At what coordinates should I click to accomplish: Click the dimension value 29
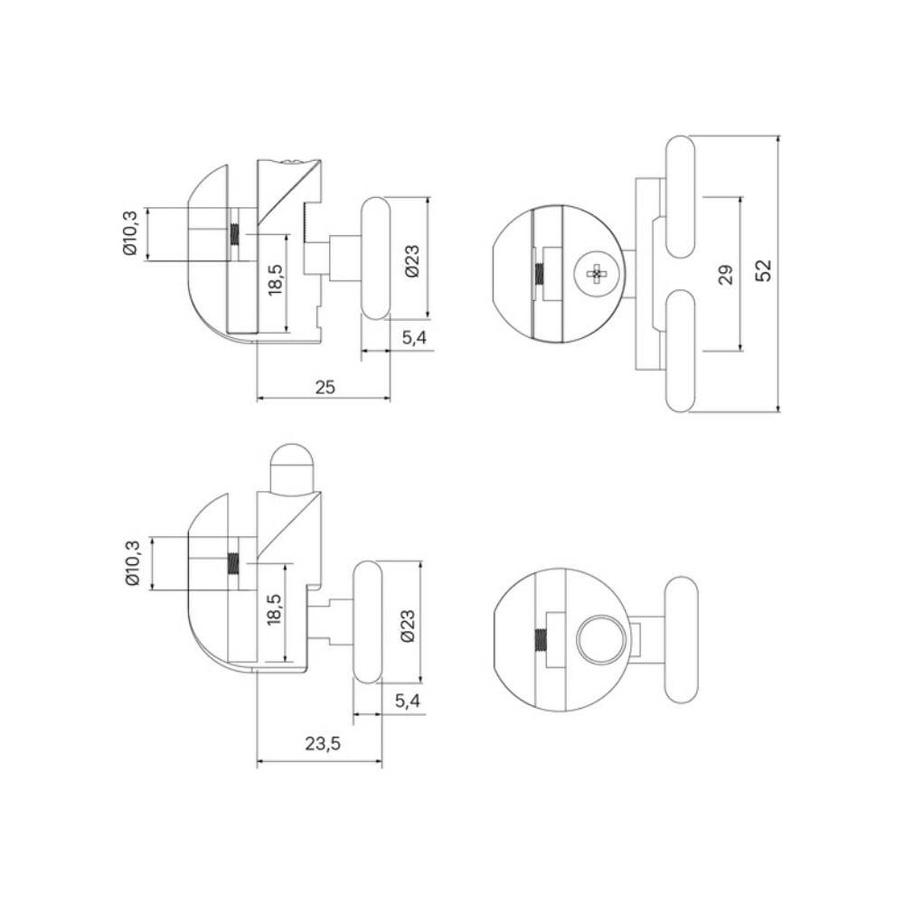(x=727, y=274)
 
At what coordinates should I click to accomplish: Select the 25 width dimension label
(x=325, y=387)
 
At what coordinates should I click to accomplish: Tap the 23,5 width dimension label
(x=323, y=744)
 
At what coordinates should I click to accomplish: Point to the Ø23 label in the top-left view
(x=412, y=261)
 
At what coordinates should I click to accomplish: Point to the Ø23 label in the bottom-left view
(x=407, y=626)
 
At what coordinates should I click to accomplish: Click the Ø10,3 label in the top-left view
(x=130, y=233)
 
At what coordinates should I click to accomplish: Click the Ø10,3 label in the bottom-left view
(x=133, y=563)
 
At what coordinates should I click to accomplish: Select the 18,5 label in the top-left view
(x=276, y=279)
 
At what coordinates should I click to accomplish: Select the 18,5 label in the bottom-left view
(x=275, y=608)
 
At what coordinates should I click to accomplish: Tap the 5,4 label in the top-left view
(x=414, y=338)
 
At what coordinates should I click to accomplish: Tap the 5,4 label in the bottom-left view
(x=408, y=702)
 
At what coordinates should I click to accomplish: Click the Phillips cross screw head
(x=597, y=274)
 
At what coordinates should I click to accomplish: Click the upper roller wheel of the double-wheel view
(x=681, y=196)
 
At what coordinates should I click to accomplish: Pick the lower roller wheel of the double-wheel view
(x=681, y=351)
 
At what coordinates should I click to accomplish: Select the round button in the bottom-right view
(x=601, y=639)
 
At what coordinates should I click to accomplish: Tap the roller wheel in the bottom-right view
(x=681, y=639)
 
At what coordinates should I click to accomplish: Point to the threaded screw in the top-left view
(x=235, y=234)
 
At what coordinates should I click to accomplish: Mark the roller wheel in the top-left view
(x=376, y=258)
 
